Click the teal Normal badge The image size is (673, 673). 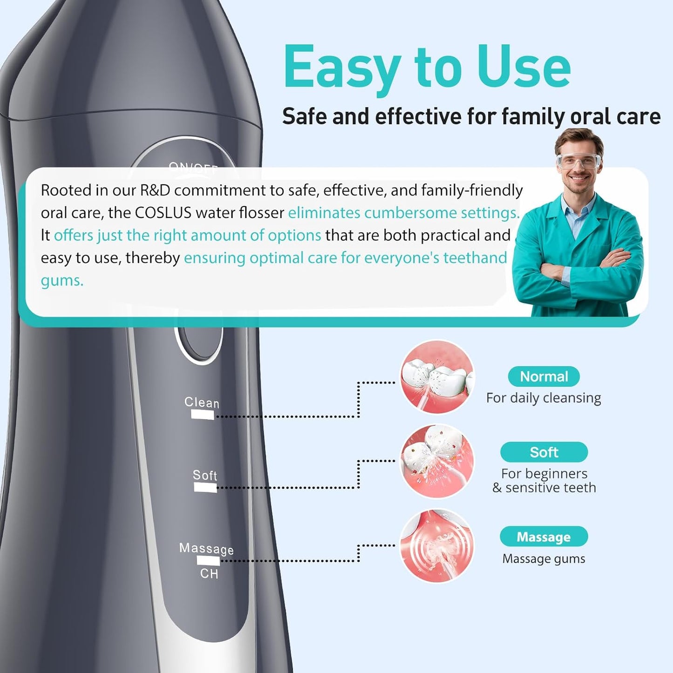[544, 376]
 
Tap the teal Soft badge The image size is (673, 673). [544, 452]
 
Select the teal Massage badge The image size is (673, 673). [544, 537]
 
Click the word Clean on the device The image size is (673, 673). [202, 402]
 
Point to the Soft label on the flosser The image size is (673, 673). [205, 475]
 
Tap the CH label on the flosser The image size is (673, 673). [209, 574]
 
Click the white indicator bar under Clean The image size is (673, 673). [203, 415]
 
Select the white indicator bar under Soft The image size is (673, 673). [205, 487]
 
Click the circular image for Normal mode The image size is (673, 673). [437, 377]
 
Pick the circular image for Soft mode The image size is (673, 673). [437, 461]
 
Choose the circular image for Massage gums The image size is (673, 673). [437, 545]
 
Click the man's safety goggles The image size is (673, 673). [579, 161]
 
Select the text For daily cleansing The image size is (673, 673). [544, 398]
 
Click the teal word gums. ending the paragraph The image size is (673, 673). [62, 280]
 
